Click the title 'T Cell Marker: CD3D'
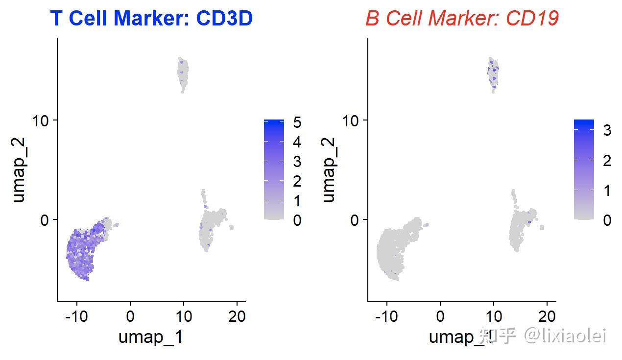click(x=151, y=19)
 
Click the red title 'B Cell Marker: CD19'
click(x=462, y=19)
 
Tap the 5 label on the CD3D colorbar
click(x=297, y=122)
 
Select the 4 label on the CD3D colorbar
click(x=297, y=143)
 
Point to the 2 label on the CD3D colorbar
click(x=297, y=181)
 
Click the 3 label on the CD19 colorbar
click(x=607, y=130)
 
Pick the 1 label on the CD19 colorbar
click(x=607, y=190)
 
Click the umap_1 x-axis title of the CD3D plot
click(x=150, y=337)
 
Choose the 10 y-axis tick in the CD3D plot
click(x=42, y=120)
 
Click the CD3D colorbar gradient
click(x=273, y=169)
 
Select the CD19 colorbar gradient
click(x=583, y=169)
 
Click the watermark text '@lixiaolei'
click(x=566, y=336)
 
